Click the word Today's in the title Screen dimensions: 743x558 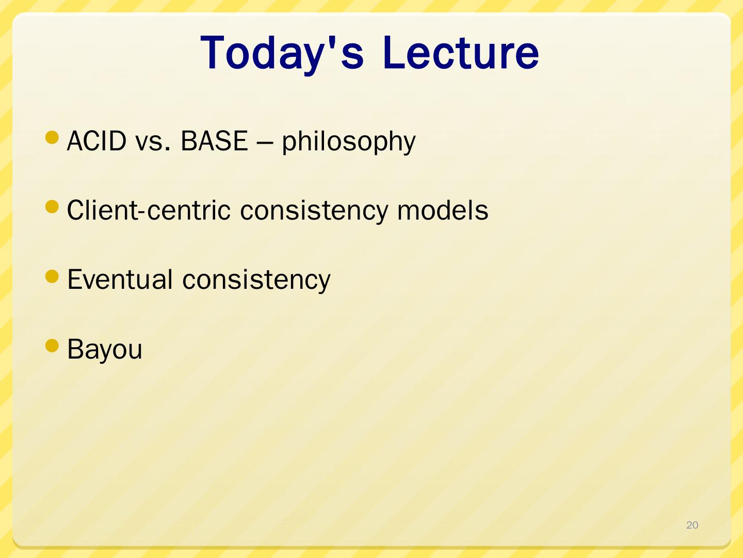coord(282,54)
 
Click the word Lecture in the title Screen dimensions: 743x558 coord(461,53)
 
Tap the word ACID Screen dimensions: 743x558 coord(97,141)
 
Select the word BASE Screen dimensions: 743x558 coord(214,141)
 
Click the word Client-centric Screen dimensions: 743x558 coord(149,210)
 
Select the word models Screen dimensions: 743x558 coord(442,210)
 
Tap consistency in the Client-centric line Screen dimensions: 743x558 coord(314,212)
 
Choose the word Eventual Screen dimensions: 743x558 coord(120,279)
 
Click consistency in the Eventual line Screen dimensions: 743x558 coord(256,281)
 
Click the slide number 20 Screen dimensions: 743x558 coord(692,525)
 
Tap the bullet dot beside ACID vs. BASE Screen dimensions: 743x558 coord(52,137)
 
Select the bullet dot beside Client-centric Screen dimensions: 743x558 coord(52,207)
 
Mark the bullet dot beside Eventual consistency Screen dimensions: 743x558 coord(52,276)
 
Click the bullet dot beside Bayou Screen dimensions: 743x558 coord(52,346)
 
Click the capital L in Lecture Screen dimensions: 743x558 coord(394,53)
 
